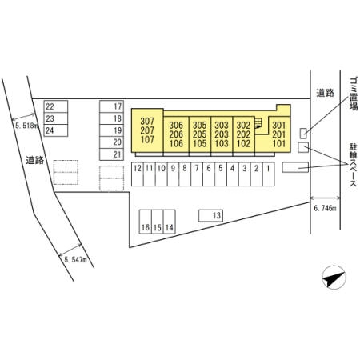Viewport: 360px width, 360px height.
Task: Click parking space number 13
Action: point(210,215)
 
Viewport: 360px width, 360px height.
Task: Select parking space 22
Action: point(56,106)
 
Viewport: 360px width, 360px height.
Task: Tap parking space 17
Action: point(111,106)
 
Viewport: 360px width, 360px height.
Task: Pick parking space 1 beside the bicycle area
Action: point(269,174)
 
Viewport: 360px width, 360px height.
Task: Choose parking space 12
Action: point(138,174)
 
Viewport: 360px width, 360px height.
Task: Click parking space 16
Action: point(146,222)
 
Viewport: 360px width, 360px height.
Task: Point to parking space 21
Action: point(111,154)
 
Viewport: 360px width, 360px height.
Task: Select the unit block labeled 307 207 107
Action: point(147,130)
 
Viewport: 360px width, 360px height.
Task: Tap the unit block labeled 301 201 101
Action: point(279,134)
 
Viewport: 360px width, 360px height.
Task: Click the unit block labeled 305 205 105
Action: point(200,134)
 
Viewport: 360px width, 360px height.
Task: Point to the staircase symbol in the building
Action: point(258,123)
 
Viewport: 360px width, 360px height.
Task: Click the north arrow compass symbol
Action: point(334,278)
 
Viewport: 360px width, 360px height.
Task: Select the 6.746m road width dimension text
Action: point(325,208)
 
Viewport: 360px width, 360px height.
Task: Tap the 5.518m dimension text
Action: point(26,126)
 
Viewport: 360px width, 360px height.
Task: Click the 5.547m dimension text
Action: point(75,259)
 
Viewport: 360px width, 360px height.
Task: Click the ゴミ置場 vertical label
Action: point(354,94)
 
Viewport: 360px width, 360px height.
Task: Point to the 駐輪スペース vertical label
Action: point(353,165)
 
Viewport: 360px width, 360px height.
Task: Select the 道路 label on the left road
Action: point(35,160)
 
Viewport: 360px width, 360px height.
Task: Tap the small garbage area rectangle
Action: point(303,134)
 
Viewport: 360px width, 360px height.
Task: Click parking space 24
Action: point(56,130)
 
